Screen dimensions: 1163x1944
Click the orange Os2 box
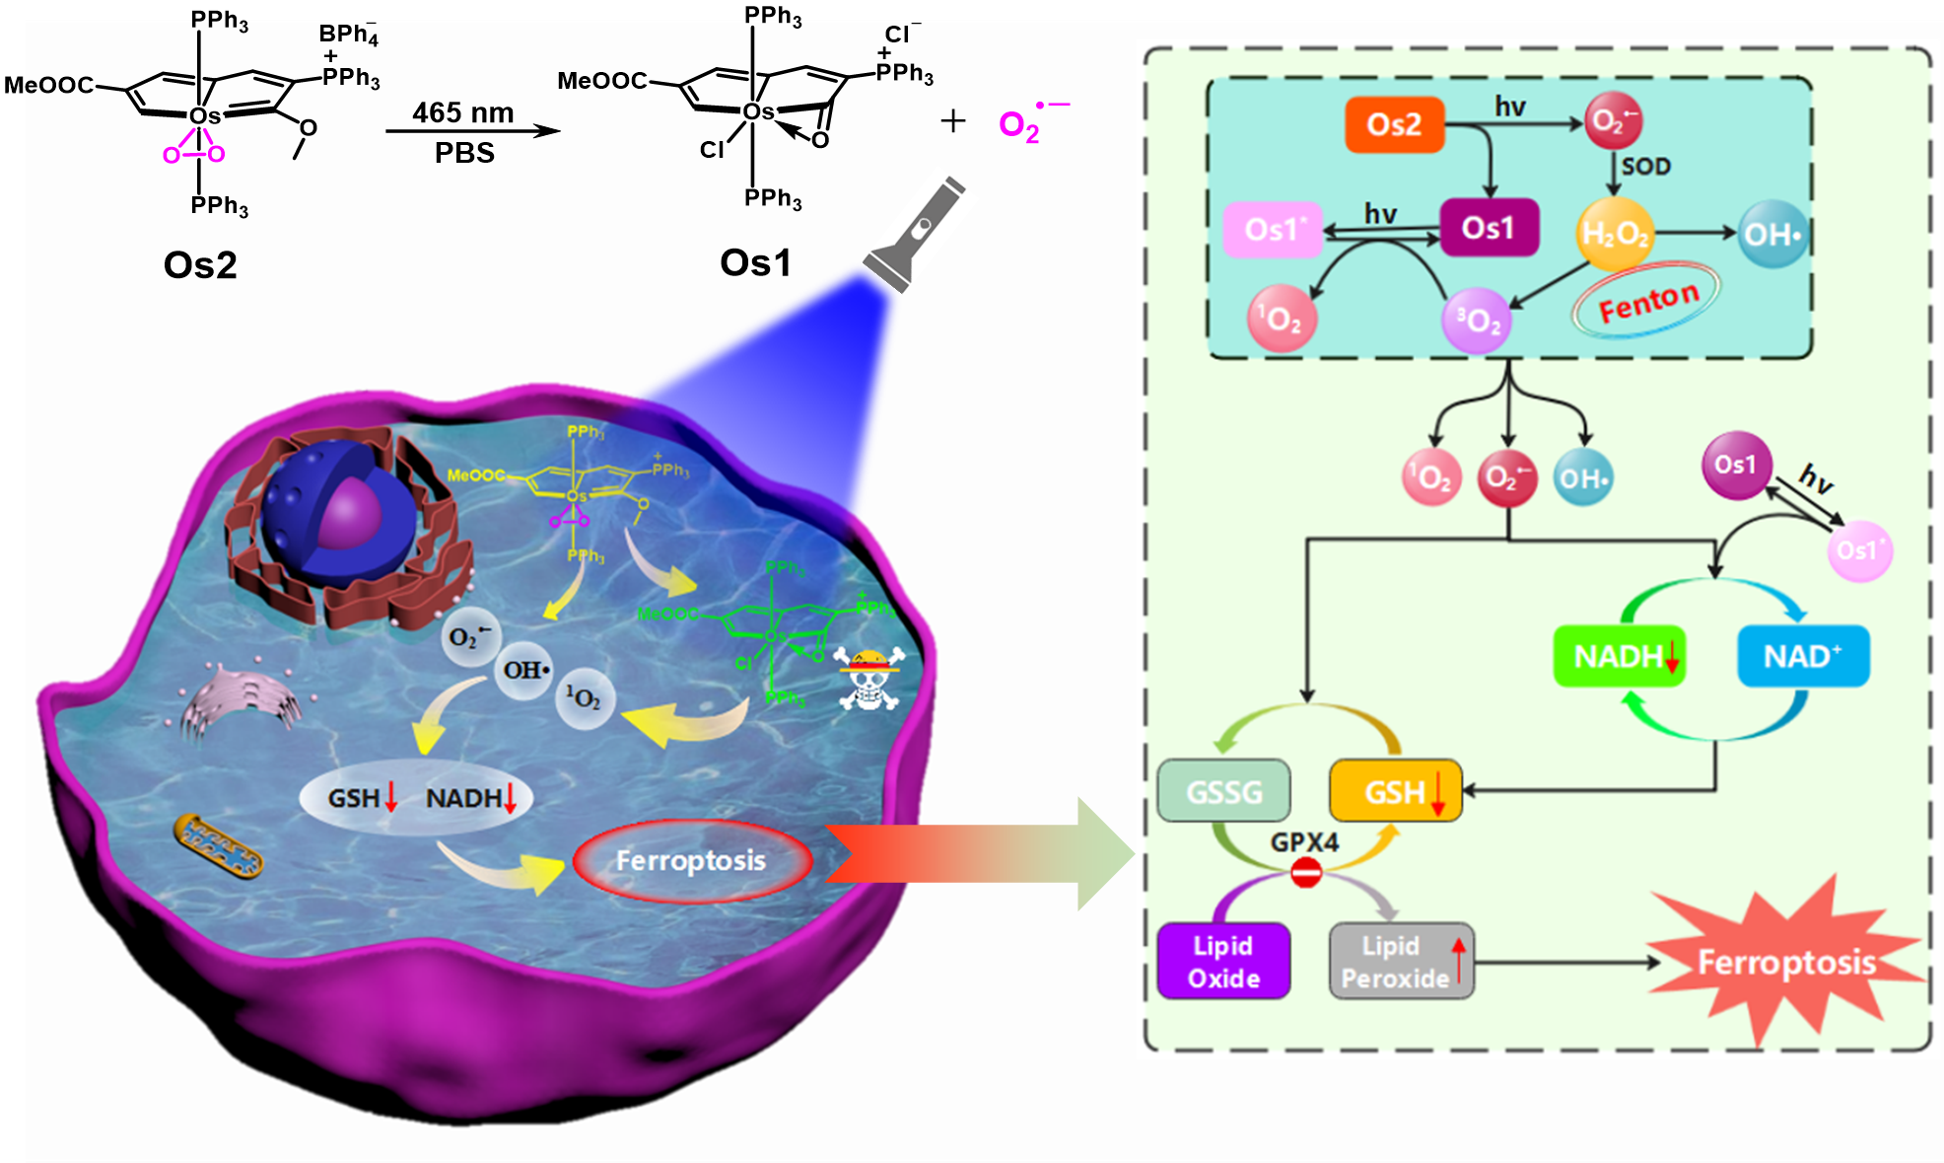click(1394, 124)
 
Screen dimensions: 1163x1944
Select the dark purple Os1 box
click(1489, 228)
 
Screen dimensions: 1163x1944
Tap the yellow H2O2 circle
click(1614, 234)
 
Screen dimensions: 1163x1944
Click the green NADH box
click(1619, 656)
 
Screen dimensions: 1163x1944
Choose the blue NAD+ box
click(1802, 656)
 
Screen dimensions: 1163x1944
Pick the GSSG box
click(1223, 791)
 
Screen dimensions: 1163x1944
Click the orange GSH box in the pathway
click(1395, 791)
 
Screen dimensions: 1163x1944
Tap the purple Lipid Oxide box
click(1223, 962)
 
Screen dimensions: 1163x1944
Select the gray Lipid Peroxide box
click(1401, 962)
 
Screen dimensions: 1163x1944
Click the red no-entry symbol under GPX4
click(1306, 873)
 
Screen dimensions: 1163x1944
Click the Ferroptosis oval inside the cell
click(691, 861)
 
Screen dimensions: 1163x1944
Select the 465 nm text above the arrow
click(462, 112)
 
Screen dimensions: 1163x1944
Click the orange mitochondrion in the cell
click(219, 846)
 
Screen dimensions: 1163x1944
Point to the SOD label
click(1646, 167)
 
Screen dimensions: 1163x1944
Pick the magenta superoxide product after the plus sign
click(1025, 124)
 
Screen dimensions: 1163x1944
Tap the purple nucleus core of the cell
click(350, 513)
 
